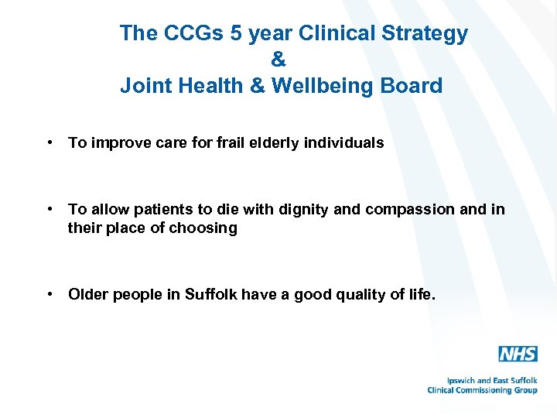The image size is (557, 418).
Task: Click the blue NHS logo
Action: (x=518, y=355)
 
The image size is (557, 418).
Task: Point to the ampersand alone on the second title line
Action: (x=279, y=60)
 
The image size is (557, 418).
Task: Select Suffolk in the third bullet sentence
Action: (x=211, y=294)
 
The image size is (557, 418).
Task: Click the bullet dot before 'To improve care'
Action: (x=49, y=142)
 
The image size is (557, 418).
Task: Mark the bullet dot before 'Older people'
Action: (x=49, y=294)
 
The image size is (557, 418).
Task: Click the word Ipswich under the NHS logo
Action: (x=463, y=381)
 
